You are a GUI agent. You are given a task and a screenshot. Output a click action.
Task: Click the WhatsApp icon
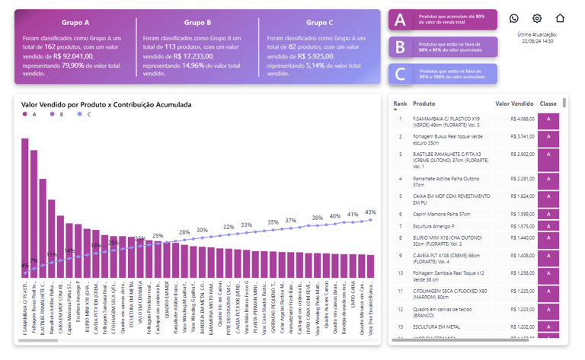tap(513, 18)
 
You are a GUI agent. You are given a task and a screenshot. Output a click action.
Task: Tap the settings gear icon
tap(537, 18)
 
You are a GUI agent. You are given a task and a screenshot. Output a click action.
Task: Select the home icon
tap(560, 18)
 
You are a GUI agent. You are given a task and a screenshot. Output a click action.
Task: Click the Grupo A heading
tap(75, 23)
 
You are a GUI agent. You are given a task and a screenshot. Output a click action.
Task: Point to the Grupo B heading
tap(197, 23)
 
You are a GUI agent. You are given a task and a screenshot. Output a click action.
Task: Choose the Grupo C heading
tap(319, 23)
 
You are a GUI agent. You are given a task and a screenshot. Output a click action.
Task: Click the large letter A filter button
tap(401, 21)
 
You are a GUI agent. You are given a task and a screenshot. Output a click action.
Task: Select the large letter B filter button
tap(401, 47)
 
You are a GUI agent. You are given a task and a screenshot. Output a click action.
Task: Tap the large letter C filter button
tap(401, 74)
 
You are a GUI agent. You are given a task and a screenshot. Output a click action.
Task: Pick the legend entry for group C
tap(85, 114)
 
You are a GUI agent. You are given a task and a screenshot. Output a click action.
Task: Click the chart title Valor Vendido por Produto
tap(106, 104)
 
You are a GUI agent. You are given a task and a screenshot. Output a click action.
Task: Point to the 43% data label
tap(370, 212)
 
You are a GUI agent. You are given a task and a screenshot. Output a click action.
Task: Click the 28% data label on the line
tap(184, 232)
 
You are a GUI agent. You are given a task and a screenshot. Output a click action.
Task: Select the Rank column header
tap(400, 104)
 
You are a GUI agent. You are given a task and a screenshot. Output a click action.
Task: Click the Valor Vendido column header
tap(514, 104)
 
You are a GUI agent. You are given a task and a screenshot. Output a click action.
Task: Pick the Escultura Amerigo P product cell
tap(433, 226)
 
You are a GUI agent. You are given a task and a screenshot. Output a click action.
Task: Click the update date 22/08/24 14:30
tap(537, 41)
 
